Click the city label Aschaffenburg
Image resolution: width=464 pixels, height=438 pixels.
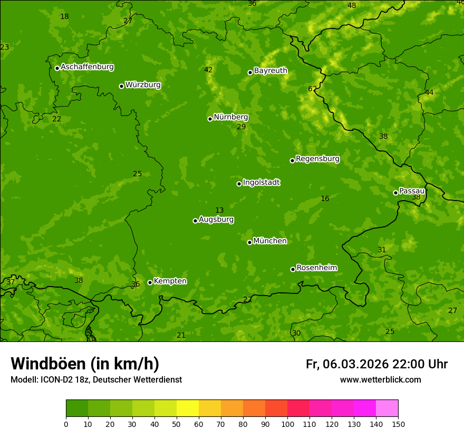(x=87, y=67)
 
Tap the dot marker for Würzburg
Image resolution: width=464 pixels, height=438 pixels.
(x=121, y=86)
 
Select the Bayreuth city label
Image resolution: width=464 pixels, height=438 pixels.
(x=270, y=71)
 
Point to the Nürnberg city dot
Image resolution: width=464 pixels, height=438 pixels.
(x=210, y=119)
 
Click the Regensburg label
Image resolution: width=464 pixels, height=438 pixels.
(x=317, y=159)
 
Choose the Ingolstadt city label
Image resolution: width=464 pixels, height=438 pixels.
(x=261, y=183)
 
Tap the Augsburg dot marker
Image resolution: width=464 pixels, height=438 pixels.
(x=195, y=221)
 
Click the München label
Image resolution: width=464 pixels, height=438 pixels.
(x=270, y=241)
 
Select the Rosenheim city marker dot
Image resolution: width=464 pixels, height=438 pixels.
(x=293, y=269)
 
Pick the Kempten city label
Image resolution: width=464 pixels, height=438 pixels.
(x=170, y=281)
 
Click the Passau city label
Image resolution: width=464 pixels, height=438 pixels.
(x=412, y=191)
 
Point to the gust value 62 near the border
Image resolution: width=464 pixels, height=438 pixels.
(x=313, y=89)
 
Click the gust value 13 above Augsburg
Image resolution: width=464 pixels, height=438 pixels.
(x=219, y=211)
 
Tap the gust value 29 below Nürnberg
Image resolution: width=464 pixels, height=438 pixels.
(x=241, y=127)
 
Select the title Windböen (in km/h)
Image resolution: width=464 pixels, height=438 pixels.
(x=85, y=364)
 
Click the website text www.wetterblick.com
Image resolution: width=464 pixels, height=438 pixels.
(x=380, y=380)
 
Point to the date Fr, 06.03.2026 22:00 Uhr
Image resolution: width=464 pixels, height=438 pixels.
(x=376, y=364)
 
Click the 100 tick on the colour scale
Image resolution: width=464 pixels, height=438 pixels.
(x=287, y=424)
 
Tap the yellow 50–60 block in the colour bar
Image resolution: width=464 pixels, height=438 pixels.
(x=188, y=408)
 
